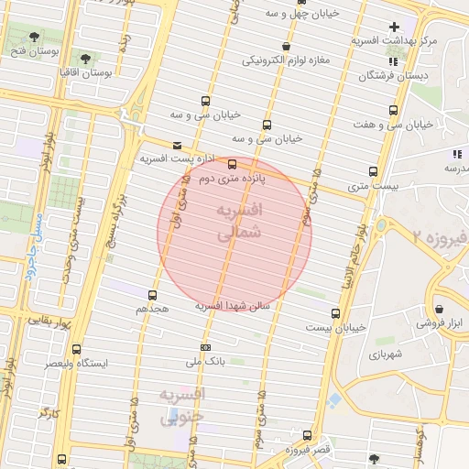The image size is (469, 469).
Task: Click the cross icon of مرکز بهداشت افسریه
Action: (x=395, y=27)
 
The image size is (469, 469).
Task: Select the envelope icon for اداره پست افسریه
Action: (x=177, y=145)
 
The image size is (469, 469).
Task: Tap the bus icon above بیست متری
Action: (x=373, y=171)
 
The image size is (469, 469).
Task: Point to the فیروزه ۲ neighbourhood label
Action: (x=439, y=236)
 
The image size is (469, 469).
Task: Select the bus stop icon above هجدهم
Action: (x=152, y=295)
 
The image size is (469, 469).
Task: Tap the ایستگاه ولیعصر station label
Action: (x=79, y=364)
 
